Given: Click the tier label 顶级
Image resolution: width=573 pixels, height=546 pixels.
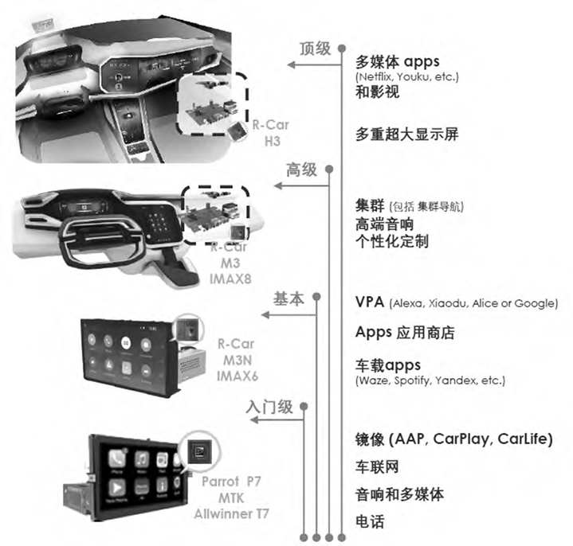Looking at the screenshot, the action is point(315,49).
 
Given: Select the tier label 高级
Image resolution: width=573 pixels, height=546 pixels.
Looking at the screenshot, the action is point(302,170).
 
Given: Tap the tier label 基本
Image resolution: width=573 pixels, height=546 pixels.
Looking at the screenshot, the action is point(288,299).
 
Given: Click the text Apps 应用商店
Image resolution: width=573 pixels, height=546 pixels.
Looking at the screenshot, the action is point(404,333).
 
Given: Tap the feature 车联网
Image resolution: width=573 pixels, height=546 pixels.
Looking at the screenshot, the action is point(377,466).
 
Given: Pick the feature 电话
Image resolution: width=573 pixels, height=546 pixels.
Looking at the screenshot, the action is point(370,522).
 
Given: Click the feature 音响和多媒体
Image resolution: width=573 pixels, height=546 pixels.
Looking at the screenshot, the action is point(398,494).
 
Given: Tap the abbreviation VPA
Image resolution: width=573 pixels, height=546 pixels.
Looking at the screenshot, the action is point(371,302).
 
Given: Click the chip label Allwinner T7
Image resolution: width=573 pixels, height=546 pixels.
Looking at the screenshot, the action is point(232,513).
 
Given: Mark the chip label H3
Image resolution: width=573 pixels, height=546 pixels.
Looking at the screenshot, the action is point(273,140).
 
